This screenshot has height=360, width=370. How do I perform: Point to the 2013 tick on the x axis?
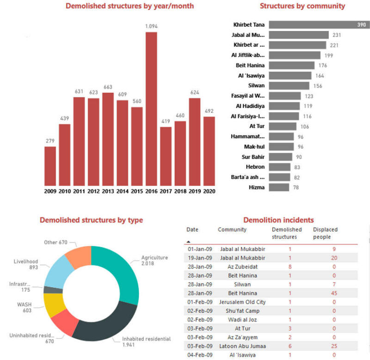[x=108, y=191]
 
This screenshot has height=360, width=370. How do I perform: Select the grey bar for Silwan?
[x=289, y=85]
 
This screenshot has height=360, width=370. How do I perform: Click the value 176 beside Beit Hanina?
[x=322, y=66]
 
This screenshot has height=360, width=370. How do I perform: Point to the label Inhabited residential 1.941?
[x=146, y=342]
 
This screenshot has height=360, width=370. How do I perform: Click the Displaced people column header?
[x=325, y=232]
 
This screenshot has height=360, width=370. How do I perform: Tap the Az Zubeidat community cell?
[x=237, y=267]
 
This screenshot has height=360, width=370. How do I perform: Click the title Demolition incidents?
[x=278, y=220]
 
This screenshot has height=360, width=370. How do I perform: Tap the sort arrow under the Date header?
[x=188, y=241]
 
